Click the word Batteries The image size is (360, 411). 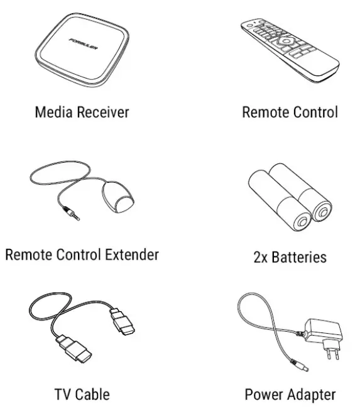click(298, 257)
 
